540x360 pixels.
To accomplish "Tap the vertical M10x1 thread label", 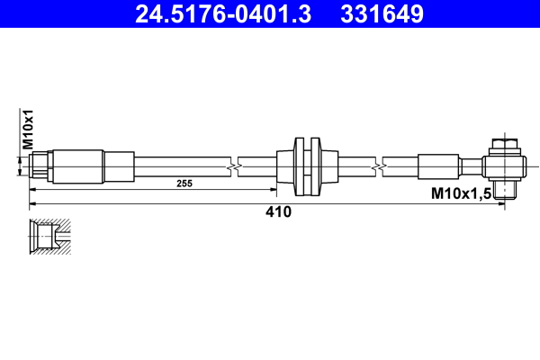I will [x=28, y=129].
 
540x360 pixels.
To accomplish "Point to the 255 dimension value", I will [x=184, y=183].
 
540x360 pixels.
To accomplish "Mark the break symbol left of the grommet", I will [x=235, y=166].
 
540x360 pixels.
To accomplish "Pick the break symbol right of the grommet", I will [x=383, y=166].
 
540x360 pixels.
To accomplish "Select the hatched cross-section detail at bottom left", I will [x=50, y=236].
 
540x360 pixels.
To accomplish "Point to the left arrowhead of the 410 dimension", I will [x=34, y=204].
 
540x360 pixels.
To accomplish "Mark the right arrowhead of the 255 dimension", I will [x=274, y=190].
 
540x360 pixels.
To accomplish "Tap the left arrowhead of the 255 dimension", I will [x=34, y=190].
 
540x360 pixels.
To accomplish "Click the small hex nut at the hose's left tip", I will [x=40, y=166].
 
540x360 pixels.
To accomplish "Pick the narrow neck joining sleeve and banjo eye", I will [x=473, y=166].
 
